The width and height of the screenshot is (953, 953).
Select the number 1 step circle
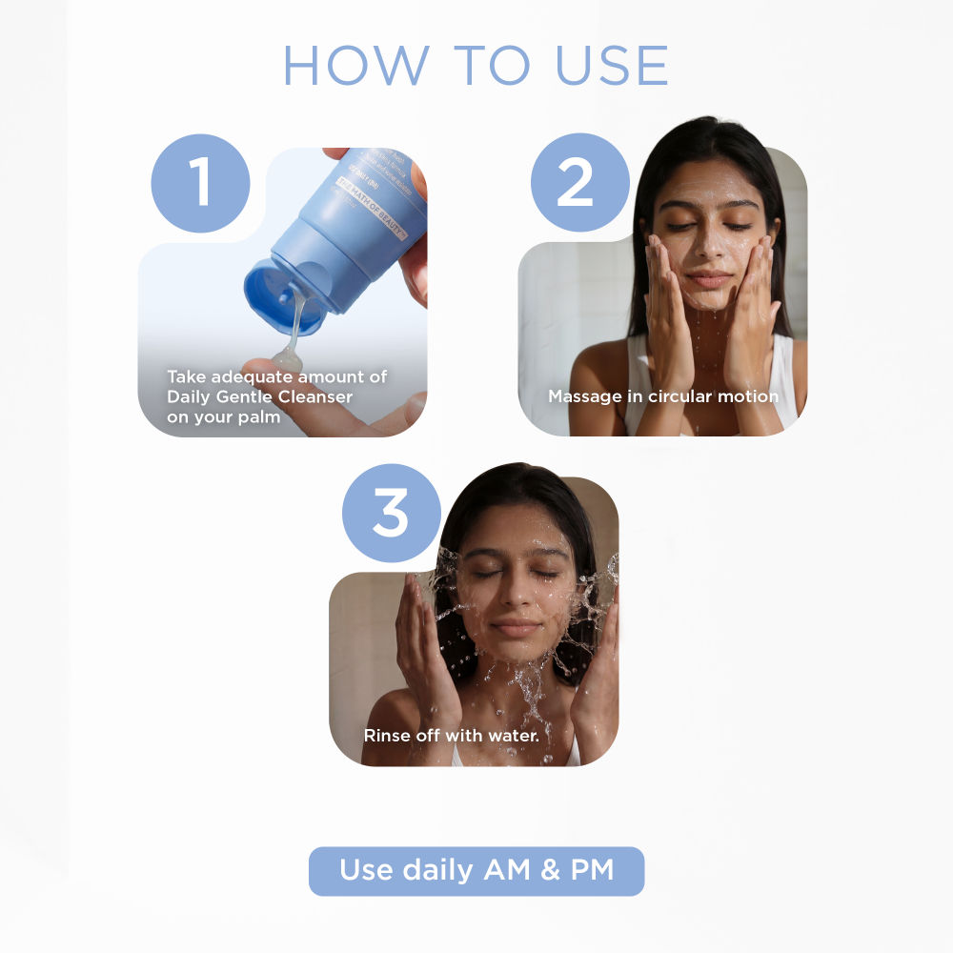(200, 183)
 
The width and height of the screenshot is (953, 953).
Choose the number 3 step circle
(391, 513)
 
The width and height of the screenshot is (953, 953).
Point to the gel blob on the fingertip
(286, 361)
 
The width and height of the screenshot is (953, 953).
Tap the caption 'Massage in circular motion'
(662, 395)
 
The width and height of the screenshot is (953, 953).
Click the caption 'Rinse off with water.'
(452, 736)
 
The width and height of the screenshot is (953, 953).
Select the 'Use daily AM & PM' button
(476, 871)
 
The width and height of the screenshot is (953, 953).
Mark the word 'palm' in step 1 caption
(259, 417)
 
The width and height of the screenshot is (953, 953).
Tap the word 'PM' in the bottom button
(587, 871)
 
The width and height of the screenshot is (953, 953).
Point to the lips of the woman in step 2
(709, 279)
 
